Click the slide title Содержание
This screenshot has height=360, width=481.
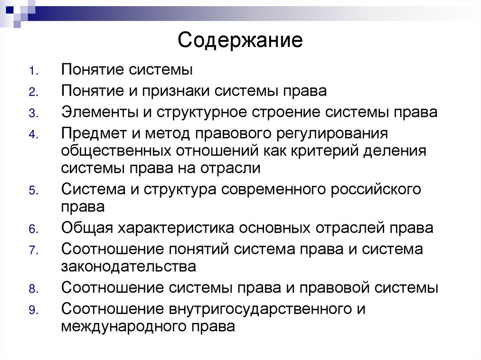point(240,40)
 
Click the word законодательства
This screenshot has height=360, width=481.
point(128,266)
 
